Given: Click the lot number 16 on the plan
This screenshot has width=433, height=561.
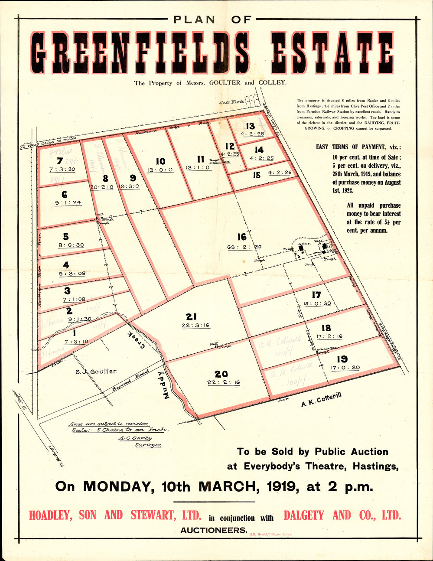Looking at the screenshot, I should click(241, 237).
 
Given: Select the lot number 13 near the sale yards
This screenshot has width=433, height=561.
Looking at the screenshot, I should click(250, 126).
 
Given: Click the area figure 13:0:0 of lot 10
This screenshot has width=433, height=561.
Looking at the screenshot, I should click(160, 170).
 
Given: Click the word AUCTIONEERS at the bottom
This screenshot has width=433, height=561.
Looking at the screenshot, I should click(214, 530).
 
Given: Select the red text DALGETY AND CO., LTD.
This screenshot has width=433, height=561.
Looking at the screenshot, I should click(342, 515).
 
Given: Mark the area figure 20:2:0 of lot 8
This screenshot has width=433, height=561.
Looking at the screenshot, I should click(102, 187).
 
